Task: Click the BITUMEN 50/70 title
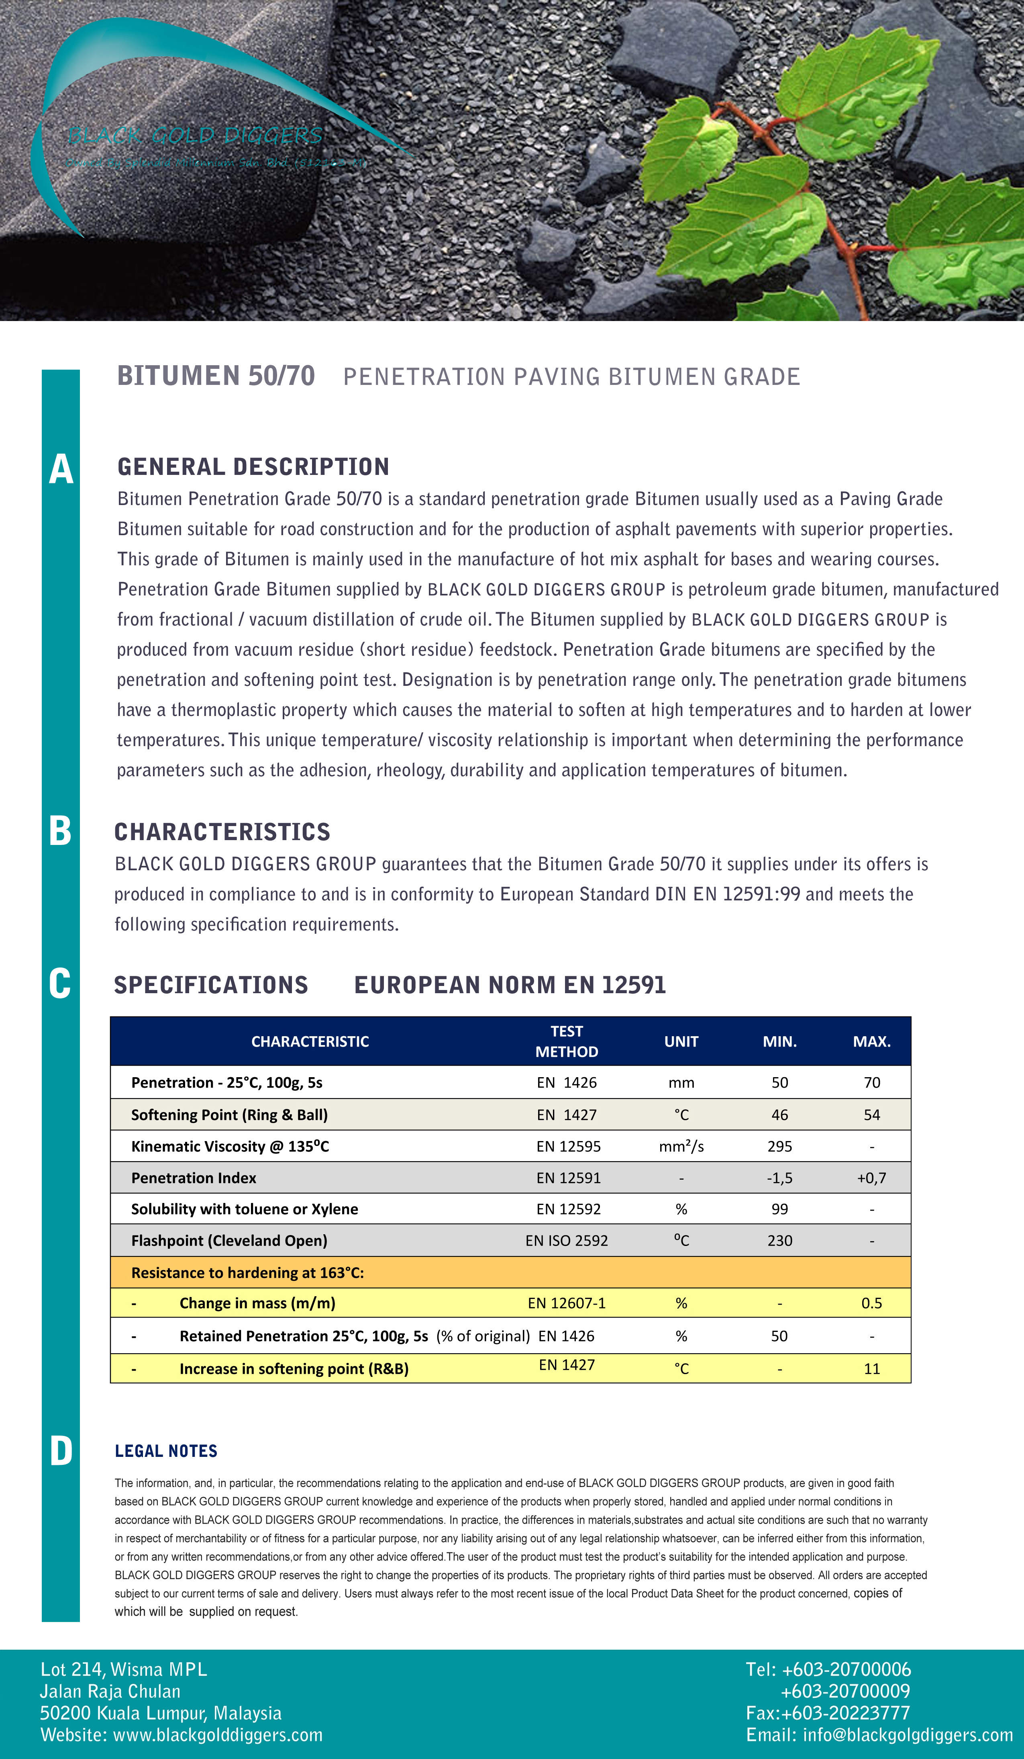click(x=216, y=376)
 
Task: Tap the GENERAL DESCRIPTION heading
click(x=253, y=466)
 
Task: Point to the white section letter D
click(x=61, y=1451)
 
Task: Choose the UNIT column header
click(x=681, y=1041)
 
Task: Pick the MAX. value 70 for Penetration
click(x=871, y=1083)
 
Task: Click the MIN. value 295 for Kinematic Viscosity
click(x=779, y=1146)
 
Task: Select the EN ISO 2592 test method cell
click(x=566, y=1240)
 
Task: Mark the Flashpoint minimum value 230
click(x=779, y=1240)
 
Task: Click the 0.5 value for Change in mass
click(x=871, y=1303)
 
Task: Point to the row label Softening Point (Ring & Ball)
click(x=229, y=1115)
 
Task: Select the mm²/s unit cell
click(x=681, y=1146)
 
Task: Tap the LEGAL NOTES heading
click(x=166, y=1451)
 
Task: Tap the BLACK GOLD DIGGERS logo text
click(x=195, y=135)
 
